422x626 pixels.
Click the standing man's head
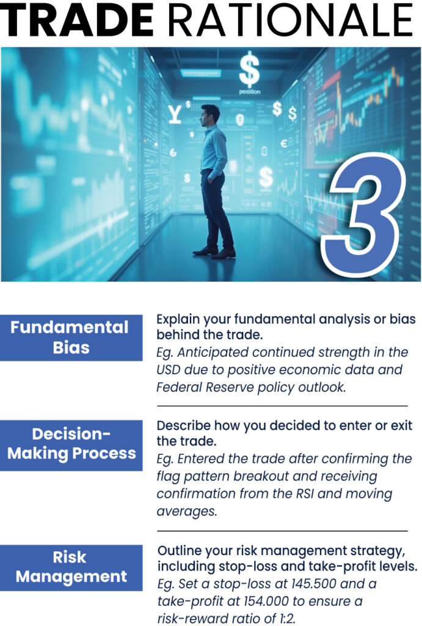click(x=210, y=116)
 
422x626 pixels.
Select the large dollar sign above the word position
click(x=249, y=70)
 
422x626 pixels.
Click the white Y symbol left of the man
click(x=175, y=114)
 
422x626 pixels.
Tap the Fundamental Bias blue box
click(x=71, y=337)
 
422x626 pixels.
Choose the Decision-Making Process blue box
click(x=71, y=445)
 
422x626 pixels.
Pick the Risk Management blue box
click(x=71, y=567)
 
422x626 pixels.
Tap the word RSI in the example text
click(x=305, y=493)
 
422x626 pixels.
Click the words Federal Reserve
click(x=205, y=387)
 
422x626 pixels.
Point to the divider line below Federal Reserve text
click(x=282, y=406)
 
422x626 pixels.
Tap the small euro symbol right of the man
click(x=283, y=143)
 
